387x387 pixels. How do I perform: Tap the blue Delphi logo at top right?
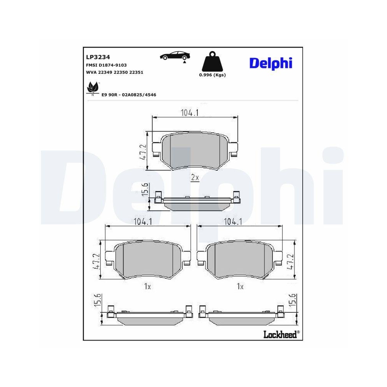point(271,63)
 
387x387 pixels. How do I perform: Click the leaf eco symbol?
point(93,88)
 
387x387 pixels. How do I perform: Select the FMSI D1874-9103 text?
point(106,65)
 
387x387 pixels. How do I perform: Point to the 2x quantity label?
point(195,178)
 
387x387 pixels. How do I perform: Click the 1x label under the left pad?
point(147,286)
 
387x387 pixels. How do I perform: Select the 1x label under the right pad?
point(240,286)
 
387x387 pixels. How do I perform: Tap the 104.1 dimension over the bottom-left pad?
point(143,222)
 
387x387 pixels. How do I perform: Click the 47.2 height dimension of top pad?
point(142,151)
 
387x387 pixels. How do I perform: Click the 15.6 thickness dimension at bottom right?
point(293,300)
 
